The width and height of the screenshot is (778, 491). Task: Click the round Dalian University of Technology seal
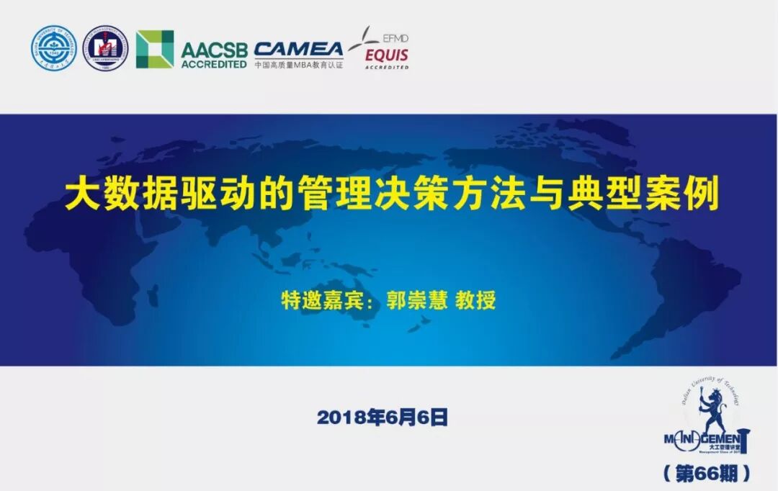(54, 49)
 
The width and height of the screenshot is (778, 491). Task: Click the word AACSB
(214, 50)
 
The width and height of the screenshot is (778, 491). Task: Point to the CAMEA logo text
(298, 48)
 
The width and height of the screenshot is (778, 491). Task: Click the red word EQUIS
(387, 55)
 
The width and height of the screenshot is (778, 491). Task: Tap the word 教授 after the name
(475, 300)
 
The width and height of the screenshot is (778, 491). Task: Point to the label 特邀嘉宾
(324, 300)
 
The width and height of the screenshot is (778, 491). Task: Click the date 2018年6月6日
(383, 418)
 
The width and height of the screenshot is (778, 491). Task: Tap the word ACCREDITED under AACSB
(214, 64)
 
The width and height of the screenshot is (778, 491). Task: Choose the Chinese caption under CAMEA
(298, 65)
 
